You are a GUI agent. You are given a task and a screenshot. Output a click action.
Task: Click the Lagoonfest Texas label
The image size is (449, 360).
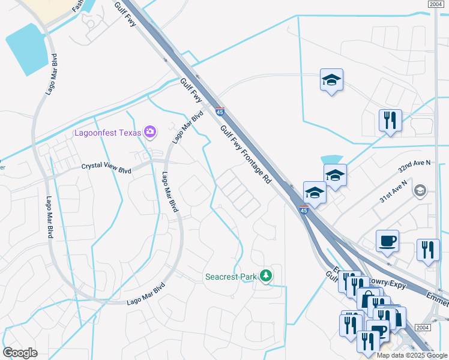[107, 132]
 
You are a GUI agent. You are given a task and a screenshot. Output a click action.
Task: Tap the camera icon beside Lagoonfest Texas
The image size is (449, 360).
[150, 131]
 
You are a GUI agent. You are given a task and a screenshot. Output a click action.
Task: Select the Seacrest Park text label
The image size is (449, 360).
[231, 277]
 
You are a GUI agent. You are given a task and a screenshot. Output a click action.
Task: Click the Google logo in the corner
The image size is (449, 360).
[20, 353]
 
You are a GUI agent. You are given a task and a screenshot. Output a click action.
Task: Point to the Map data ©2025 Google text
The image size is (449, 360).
[412, 355]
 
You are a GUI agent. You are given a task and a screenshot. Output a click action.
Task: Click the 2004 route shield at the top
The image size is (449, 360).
[436, 4]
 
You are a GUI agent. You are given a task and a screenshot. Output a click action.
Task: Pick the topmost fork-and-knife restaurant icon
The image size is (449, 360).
[390, 121]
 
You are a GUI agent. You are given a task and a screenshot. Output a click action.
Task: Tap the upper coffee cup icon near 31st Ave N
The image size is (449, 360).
[387, 241]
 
